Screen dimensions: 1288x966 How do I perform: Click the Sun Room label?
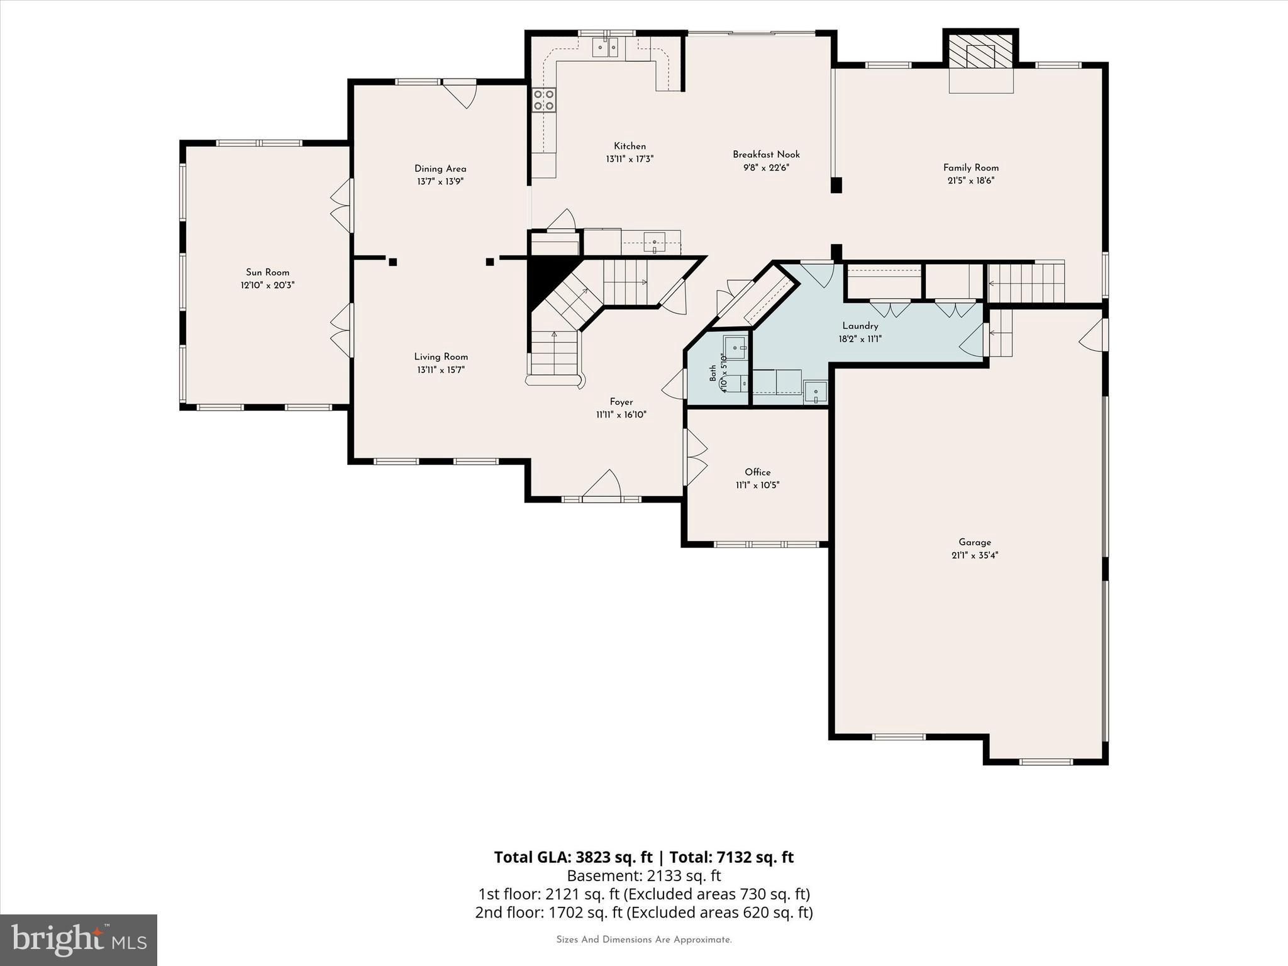(x=267, y=272)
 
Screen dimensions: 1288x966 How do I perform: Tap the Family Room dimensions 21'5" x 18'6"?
(x=971, y=180)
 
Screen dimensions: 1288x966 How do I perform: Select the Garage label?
(x=975, y=542)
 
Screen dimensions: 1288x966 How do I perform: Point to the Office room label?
(x=757, y=472)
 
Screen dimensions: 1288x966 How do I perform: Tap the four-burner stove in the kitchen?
(x=544, y=99)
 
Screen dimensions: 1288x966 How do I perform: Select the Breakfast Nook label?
(x=766, y=154)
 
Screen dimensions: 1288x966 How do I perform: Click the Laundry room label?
(x=860, y=326)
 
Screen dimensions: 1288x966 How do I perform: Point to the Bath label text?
(x=713, y=373)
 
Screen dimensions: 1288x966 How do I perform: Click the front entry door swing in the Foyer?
(x=602, y=485)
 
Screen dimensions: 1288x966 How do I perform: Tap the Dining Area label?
(x=440, y=169)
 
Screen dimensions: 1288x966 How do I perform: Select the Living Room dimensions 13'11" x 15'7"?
(x=441, y=370)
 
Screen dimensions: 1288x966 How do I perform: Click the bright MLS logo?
(x=79, y=940)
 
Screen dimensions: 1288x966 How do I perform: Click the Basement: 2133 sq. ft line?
(x=644, y=875)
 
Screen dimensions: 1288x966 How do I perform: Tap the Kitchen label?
(x=630, y=146)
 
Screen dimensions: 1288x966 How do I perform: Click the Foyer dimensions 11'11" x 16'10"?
(x=621, y=414)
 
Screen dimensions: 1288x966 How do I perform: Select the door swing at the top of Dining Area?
(x=460, y=94)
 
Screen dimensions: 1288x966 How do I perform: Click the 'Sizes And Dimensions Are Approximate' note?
(x=644, y=940)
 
